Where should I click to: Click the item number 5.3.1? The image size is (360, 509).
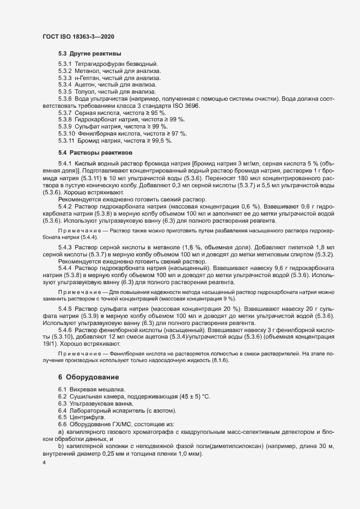coord(65,65)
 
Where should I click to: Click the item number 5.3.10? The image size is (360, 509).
coord(66,133)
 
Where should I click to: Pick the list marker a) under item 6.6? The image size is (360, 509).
coord(61,431)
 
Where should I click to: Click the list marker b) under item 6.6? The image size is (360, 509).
coord(61,445)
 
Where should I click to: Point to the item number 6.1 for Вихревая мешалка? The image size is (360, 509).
coord(63,389)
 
